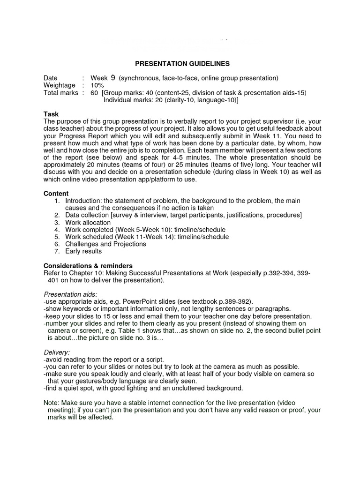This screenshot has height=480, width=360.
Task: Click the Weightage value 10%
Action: (x=97, y=85)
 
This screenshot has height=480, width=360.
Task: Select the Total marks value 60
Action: (x=94, y=93)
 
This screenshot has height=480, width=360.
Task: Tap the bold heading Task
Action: (x=51, y=114)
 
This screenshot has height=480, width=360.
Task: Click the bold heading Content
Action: (x=56, y=193)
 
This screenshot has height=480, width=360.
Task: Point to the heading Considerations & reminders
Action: (x=88, y=265)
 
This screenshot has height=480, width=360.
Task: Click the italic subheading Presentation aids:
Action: (x=70, y=294)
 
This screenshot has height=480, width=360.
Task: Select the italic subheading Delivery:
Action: (x=57, y=352)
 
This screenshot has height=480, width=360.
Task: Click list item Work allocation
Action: (x=88, y=222)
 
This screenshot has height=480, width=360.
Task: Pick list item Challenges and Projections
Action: (x=105, y=244)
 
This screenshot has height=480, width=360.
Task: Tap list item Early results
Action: (x=83, y=251)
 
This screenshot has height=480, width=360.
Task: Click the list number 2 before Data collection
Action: (x=57, y=215)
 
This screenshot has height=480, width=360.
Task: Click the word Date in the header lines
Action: (x=51, y=78)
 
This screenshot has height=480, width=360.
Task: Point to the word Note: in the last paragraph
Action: (x=52, y=403)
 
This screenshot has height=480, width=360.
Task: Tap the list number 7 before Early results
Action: (x=57, y=251)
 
